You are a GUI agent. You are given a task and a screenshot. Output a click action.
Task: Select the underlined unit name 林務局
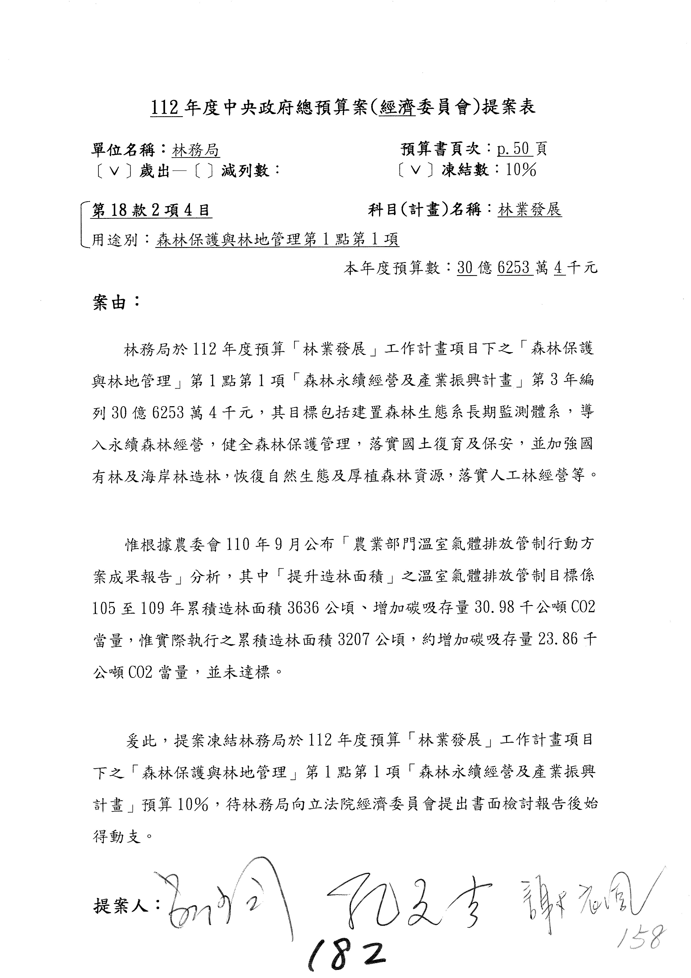196,150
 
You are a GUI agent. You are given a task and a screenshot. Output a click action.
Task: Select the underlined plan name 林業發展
530,210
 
